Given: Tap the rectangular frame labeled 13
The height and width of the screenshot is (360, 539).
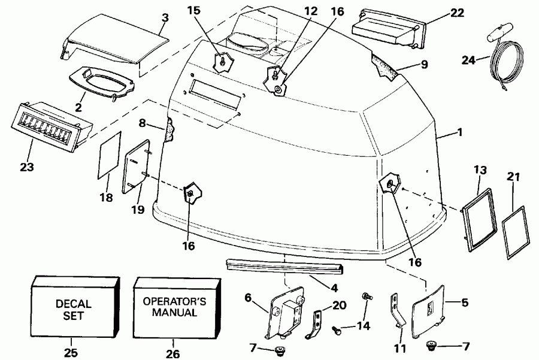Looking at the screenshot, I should (479, 215).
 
